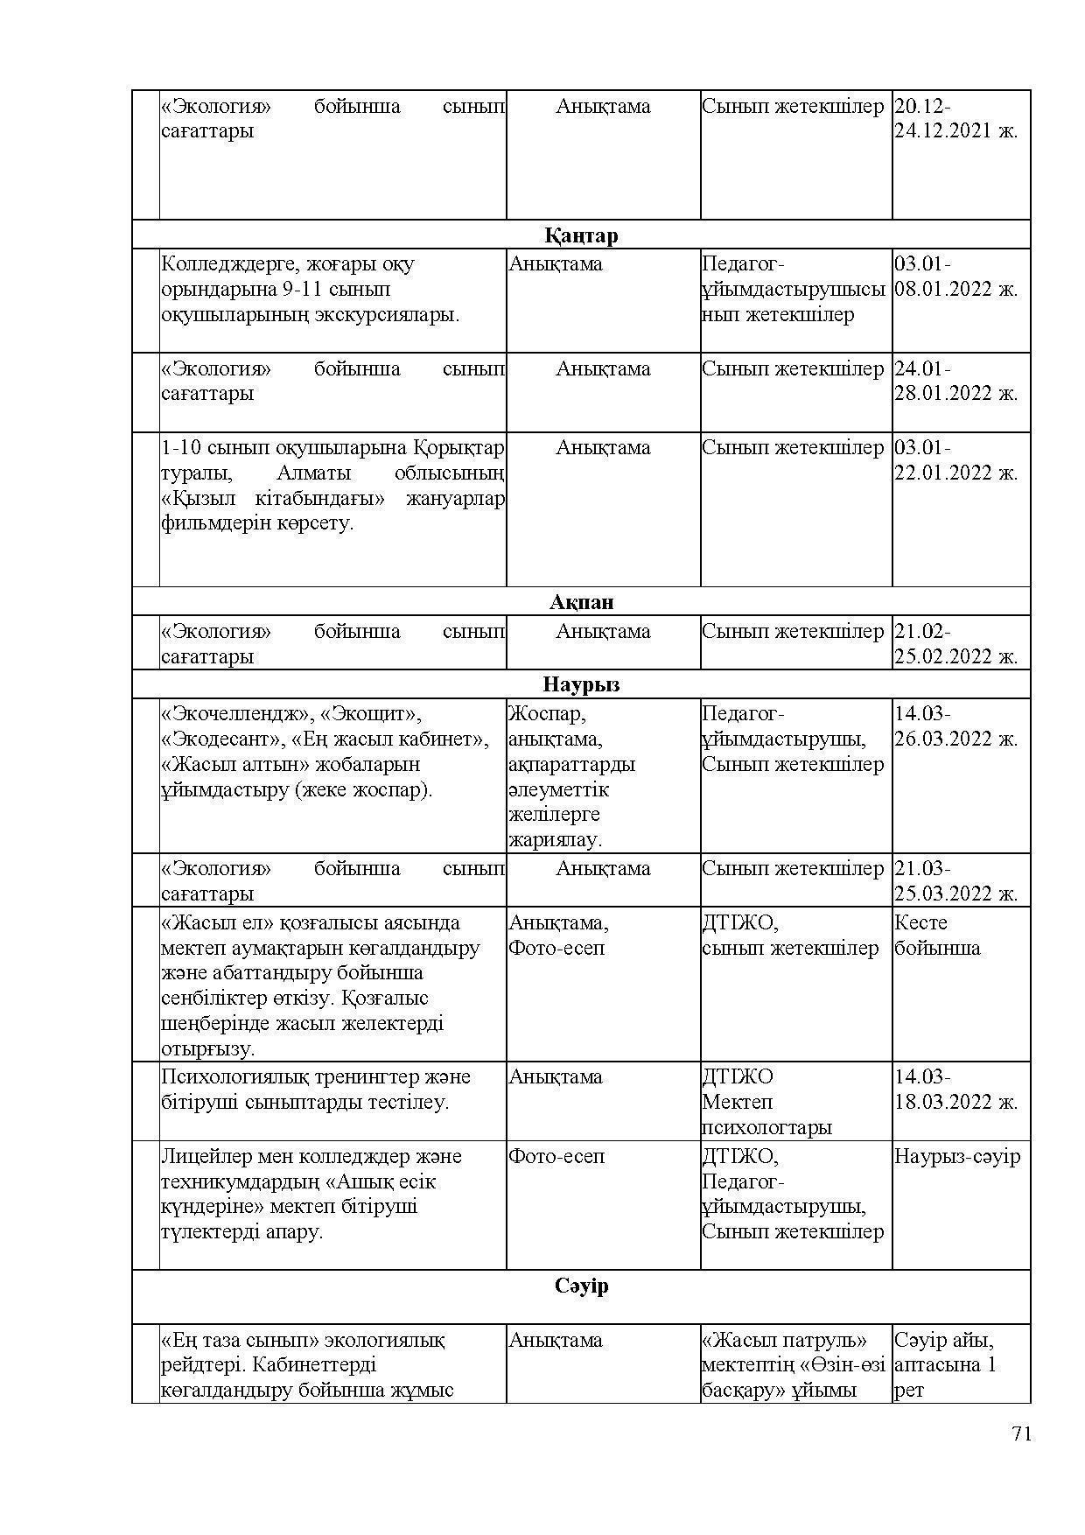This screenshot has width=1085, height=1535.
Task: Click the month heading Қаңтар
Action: pyautogui.click(x=581, y=235)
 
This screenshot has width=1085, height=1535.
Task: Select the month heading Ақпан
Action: pyautogui.click(x=581, y=602)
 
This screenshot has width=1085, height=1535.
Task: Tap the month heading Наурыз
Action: pyautogui.click(x=581, y=684)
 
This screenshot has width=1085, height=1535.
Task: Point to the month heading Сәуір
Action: pyautogui.click(x=581, y=1286)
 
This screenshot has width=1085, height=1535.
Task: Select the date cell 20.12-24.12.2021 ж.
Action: pyautogui.click(x=955, y=119)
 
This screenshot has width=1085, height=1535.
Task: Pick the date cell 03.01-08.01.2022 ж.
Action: pyautogui.click(x=955, y=277)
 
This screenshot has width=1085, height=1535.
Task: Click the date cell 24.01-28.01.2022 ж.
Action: pyautogui.click(x=955, y=381)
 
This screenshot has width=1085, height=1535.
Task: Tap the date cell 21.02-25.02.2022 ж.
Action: pyautogui.click(x=955, y=644)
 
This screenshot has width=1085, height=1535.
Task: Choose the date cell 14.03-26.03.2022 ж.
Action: pyautogui.click(x=955, y=726)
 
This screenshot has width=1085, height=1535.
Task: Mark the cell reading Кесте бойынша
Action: pyautogui.click(x=937, y=936)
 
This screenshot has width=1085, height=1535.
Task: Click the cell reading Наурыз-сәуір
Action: pyautogui.click(x=957, y=1156)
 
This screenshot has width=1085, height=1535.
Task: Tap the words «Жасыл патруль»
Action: pyautogui.click(x=784, y=1340)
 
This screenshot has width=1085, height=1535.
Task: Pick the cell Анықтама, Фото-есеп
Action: pyautogui.click(x=558, y=936)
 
